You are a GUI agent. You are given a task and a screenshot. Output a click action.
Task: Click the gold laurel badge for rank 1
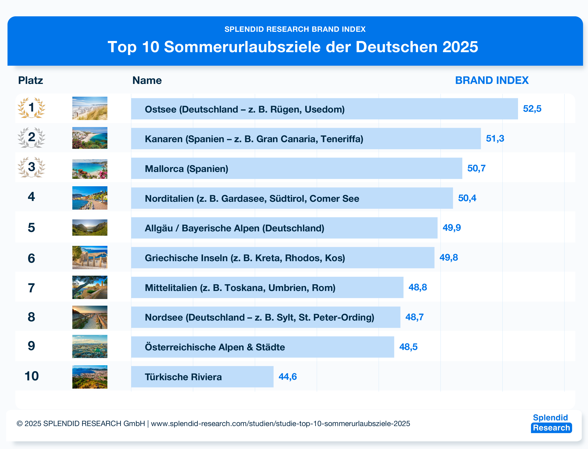[x=32, y=108]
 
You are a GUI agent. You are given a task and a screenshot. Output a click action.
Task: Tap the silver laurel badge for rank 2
[x=32, y=138]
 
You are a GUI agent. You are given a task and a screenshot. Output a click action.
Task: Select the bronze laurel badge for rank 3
[x=32, y=167]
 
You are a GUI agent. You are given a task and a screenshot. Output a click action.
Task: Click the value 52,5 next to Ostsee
[x=532, y=109]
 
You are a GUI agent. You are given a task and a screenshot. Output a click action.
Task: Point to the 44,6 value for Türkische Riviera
[x=288, y=377]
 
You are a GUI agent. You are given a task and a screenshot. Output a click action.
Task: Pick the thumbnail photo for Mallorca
[x=90, y=169]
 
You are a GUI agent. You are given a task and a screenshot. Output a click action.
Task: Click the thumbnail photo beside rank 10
[x=90, y=377]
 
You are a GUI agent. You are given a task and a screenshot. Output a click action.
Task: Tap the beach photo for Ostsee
[x=90, y=108]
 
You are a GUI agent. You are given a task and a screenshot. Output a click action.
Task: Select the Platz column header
[x=30, y=80]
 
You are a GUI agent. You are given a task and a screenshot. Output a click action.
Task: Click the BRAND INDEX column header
[x=492, y=80]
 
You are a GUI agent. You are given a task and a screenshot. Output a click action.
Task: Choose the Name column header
[x=147, y=80]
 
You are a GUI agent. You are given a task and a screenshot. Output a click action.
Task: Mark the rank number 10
[x=32, y=376]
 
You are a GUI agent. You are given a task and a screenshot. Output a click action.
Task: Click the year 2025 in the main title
[x=460, y=47]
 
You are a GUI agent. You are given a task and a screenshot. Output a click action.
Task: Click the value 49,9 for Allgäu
[x=451, y=228]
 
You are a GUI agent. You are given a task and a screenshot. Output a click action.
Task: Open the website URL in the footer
[x=280, y=424]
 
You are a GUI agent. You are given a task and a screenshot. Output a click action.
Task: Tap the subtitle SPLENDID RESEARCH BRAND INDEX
[x=295, y=29]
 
